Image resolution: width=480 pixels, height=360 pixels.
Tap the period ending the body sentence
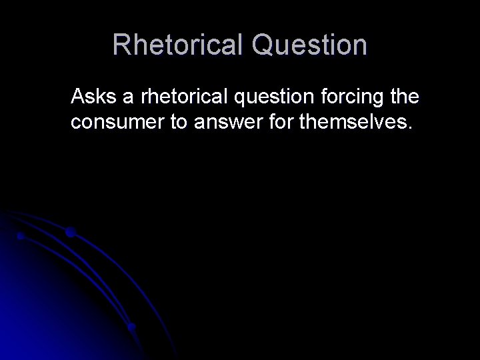pos(411,129)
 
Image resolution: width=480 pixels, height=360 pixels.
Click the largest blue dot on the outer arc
pos(70,233)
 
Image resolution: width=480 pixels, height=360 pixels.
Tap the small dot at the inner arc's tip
pos(21,236)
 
